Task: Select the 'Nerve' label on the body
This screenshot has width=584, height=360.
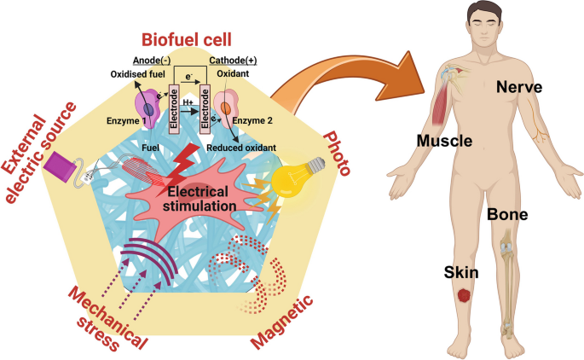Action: [521, 85]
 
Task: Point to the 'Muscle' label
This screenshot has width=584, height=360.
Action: [444, 139]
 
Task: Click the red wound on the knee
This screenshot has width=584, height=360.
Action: [463, 296]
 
